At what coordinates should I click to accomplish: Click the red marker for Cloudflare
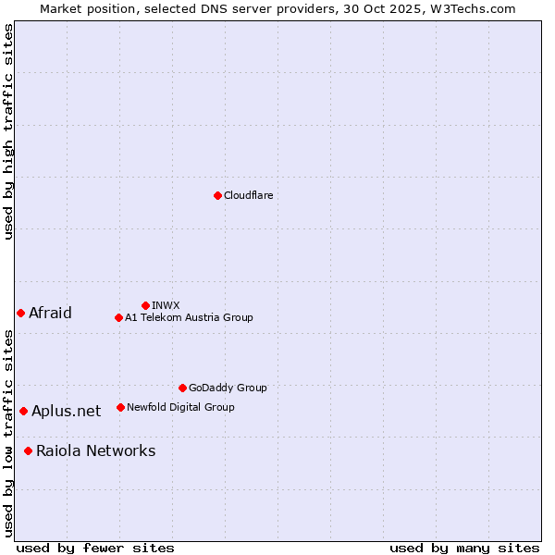click(x=217, y=195)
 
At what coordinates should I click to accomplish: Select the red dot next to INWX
click(x=145, y=305)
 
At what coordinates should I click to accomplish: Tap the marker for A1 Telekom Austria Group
click(x=118, y=317)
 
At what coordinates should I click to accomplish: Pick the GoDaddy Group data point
click(x=182, y=388)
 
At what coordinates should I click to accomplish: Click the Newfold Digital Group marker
click(x=120, y=407)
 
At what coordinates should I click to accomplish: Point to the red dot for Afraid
click(x=20, y=313)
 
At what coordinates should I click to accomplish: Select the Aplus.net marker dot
click(x=23, y=411)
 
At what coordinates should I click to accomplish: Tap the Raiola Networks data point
click(x=28, y=450)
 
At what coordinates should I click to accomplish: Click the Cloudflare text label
click(x=249, y=195)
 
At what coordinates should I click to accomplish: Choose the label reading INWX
click(x=166, y=305)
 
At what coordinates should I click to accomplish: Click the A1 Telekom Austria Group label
click(x=189, y=317)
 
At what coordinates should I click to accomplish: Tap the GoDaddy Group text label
click(x=228, y=388)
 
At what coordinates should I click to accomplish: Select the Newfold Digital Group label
click(x=180, y=407)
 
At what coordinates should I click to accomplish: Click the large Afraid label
click(x=50, y=313)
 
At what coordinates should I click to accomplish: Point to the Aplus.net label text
click(x=66, y=411)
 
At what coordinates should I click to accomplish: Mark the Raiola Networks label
click(x=96, y=450)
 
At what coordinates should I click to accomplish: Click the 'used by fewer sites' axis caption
click(x=95, y=548)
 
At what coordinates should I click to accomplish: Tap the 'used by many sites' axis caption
click(x=464, y=548)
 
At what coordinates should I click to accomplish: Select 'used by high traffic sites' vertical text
click(x=8, y=131)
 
